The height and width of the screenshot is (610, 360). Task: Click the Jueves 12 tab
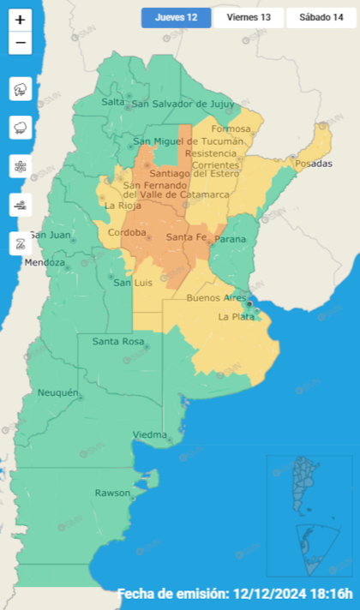(176, 18)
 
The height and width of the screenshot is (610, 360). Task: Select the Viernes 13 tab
(249, 18)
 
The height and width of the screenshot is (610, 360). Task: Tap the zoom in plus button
(21, 19)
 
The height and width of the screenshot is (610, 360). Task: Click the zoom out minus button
(21, 43)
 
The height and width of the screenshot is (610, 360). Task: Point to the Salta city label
(113, 102)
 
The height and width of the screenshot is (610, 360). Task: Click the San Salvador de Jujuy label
(183, 105)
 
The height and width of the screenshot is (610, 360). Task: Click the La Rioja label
(123, 206)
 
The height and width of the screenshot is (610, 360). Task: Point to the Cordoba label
(127, 232)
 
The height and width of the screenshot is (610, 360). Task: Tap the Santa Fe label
(184, 236)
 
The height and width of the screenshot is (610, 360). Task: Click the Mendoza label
(45, 262)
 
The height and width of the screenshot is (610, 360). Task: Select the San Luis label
(134, 283)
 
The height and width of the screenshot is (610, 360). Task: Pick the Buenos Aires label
(216, 297)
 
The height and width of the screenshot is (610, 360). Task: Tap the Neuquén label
(58, 392)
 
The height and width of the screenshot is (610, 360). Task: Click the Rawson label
(112, 493)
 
